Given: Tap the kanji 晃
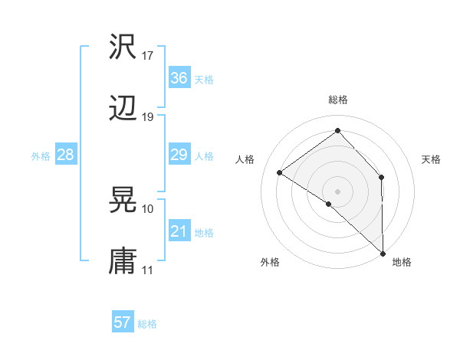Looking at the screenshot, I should [123, 200].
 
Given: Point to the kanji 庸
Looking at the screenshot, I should [123, 261].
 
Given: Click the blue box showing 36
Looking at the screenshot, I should [179, 77].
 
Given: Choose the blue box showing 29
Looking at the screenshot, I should [179, 155].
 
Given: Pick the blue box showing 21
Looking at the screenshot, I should [179, 231].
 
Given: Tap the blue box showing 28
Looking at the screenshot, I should [65, 155].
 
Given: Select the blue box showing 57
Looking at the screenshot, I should [123, 322].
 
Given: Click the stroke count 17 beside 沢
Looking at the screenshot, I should [148, 56].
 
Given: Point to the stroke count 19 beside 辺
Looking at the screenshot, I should [148, 117].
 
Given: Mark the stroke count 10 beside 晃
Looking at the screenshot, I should [148, 208].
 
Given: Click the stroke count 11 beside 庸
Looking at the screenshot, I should [148, 270].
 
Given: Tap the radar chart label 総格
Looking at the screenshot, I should [338, 100].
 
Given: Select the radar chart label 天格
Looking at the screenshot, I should [432, 159].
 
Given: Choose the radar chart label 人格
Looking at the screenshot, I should [245, 159].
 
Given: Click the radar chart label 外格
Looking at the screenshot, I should [270, 262].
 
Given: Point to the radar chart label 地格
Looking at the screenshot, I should [402, 262].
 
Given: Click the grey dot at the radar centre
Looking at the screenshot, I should [338, 191].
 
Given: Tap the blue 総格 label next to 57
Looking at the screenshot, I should [147, 324].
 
